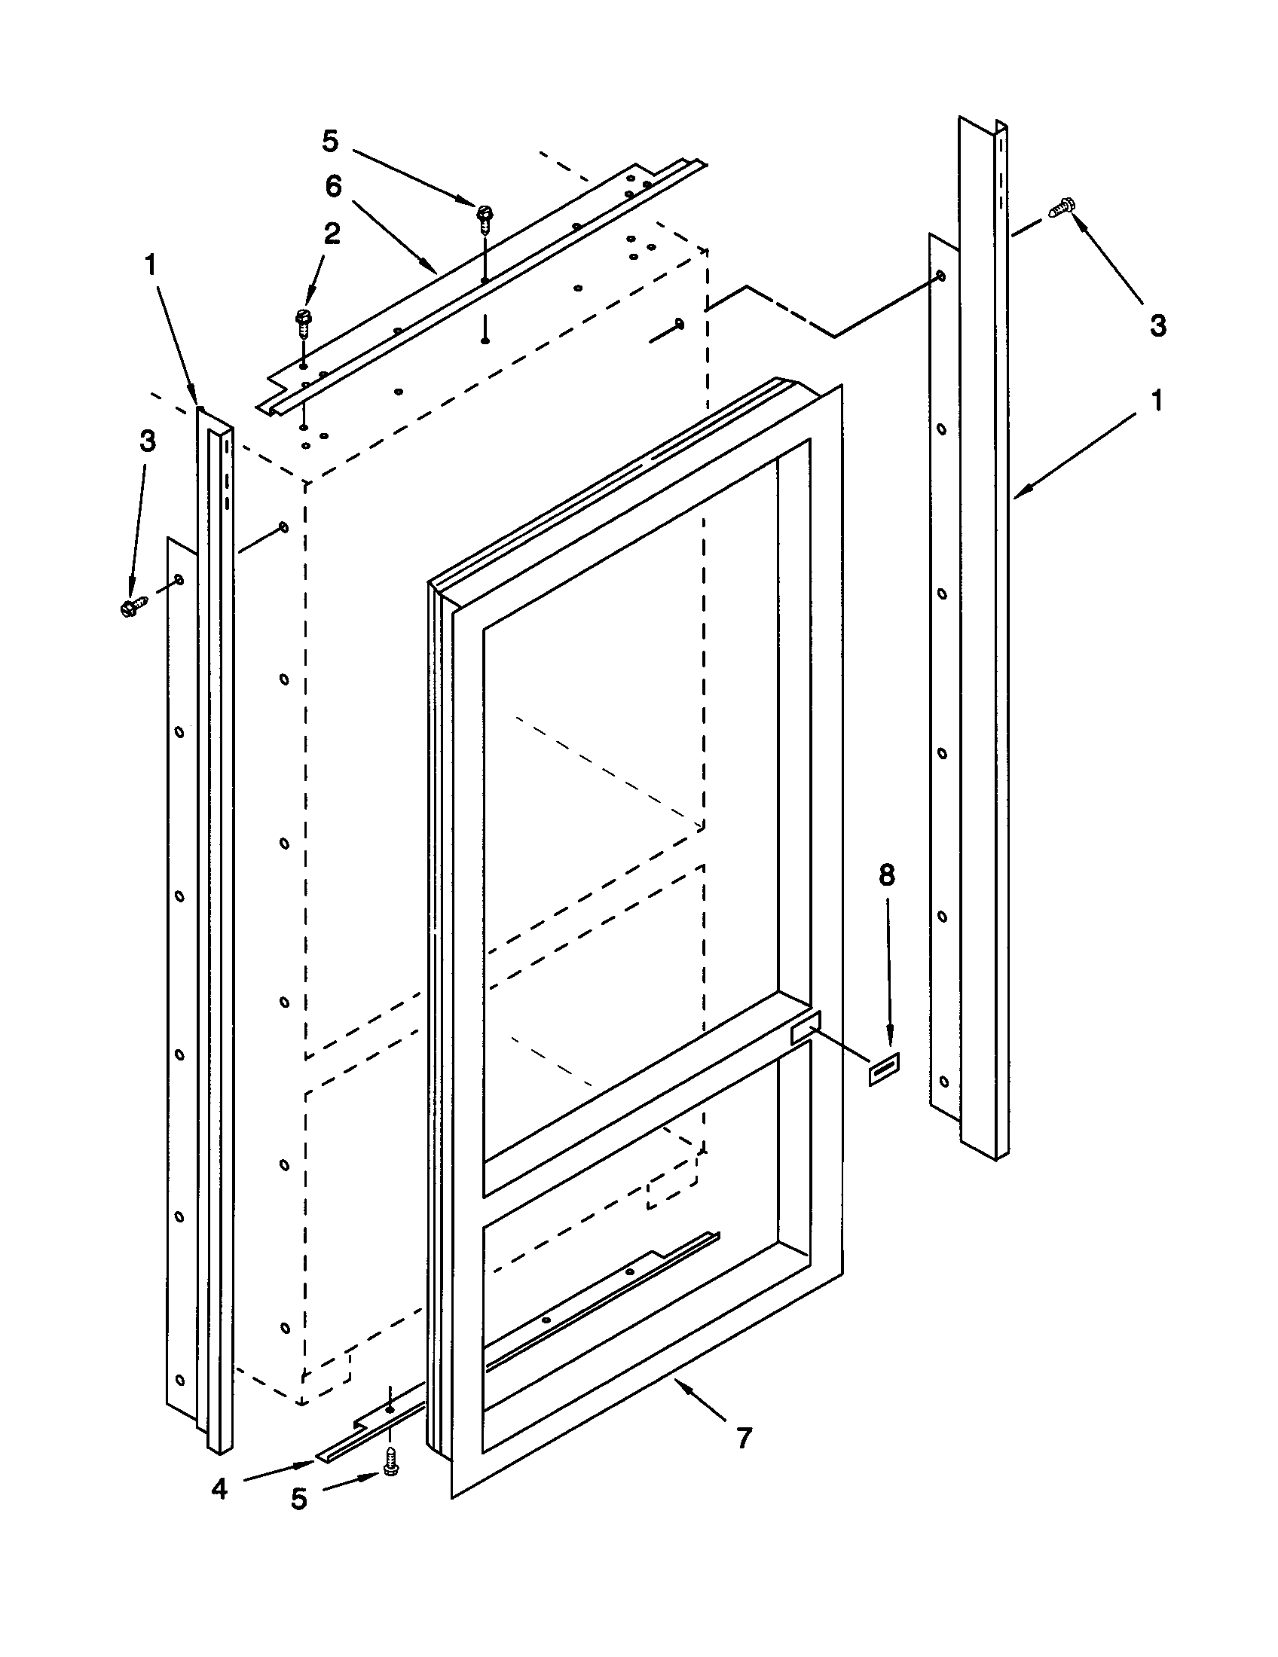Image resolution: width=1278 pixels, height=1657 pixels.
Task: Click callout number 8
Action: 886,875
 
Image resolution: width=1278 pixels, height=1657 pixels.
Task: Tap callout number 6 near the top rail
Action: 334,187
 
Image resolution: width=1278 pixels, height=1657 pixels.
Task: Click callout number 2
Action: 332,234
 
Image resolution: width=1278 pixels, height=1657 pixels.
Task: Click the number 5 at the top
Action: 330,141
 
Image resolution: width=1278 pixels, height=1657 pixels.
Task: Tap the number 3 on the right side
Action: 1157,325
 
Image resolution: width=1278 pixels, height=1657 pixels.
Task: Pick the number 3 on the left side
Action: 147,441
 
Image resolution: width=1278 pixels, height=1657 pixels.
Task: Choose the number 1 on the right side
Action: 1157,400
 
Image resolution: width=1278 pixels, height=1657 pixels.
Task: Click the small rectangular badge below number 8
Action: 884,1070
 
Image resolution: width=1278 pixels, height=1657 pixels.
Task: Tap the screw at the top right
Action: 1062,207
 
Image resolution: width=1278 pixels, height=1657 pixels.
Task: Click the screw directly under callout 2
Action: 303,325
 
